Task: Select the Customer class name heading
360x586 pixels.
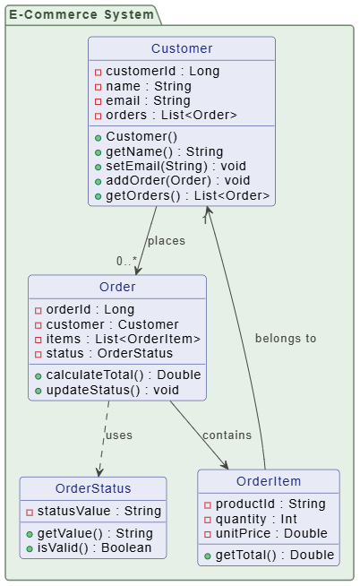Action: [x=182, y=48]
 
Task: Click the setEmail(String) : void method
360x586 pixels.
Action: [x=177, y=167]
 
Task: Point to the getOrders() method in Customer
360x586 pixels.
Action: [x=187, y=195]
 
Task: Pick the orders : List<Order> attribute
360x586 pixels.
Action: [x=171, y=115]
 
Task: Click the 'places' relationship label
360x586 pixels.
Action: [x=166, y=241]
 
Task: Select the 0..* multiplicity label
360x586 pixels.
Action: [x=127, y=261]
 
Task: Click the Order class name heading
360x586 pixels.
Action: [x=117, y=287]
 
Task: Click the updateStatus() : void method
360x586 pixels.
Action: [x=112, y=390]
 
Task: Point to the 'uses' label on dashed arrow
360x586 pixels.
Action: [x=118, y=435]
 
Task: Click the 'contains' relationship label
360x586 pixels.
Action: [x=227, y=435]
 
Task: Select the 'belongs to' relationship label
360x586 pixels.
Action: [x=286, y=339]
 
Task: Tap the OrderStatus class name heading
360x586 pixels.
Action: [x=93, y=488]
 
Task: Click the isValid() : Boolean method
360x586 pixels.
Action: [x=99, y=547]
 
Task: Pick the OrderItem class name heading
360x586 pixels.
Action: [x=269, y=481]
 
